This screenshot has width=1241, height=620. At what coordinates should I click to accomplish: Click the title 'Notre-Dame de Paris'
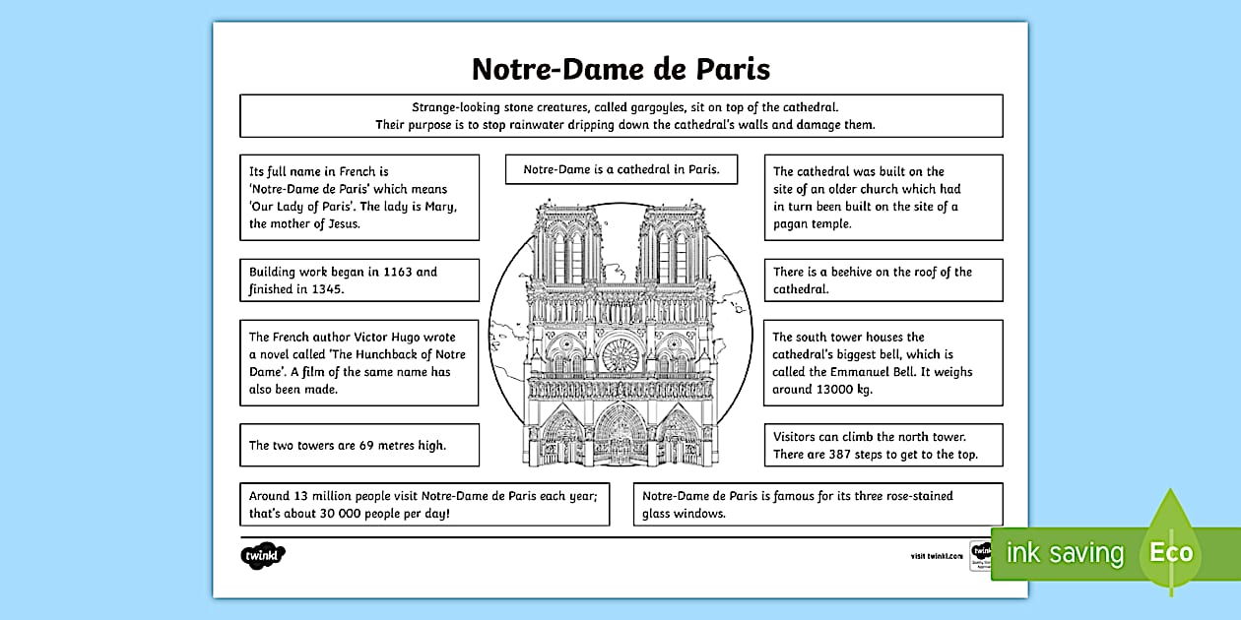coord(620,69)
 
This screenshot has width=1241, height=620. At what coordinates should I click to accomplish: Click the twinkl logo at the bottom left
coord(262,555)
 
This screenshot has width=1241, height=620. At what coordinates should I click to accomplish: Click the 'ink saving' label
coord(1064,553)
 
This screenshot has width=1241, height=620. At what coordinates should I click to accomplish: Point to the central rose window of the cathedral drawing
coord(620,354)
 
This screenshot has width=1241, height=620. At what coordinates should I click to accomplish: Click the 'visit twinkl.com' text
coord(937,556)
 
